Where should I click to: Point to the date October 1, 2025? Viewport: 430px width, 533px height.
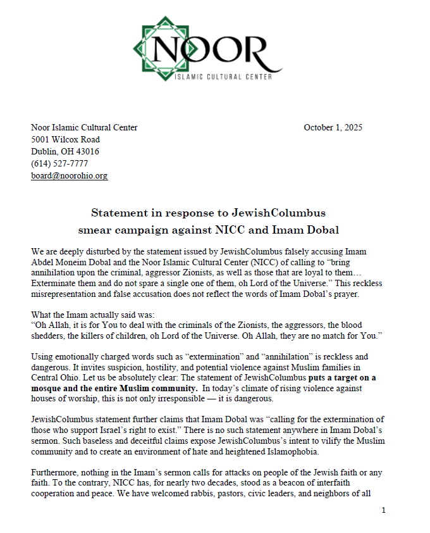333,127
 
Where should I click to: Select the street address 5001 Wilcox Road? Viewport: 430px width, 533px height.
66,139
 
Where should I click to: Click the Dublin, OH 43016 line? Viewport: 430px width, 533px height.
65,151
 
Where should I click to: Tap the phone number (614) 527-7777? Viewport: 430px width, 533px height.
60,163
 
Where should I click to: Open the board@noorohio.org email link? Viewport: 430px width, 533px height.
70,175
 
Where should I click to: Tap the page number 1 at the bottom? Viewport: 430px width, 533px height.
383,510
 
